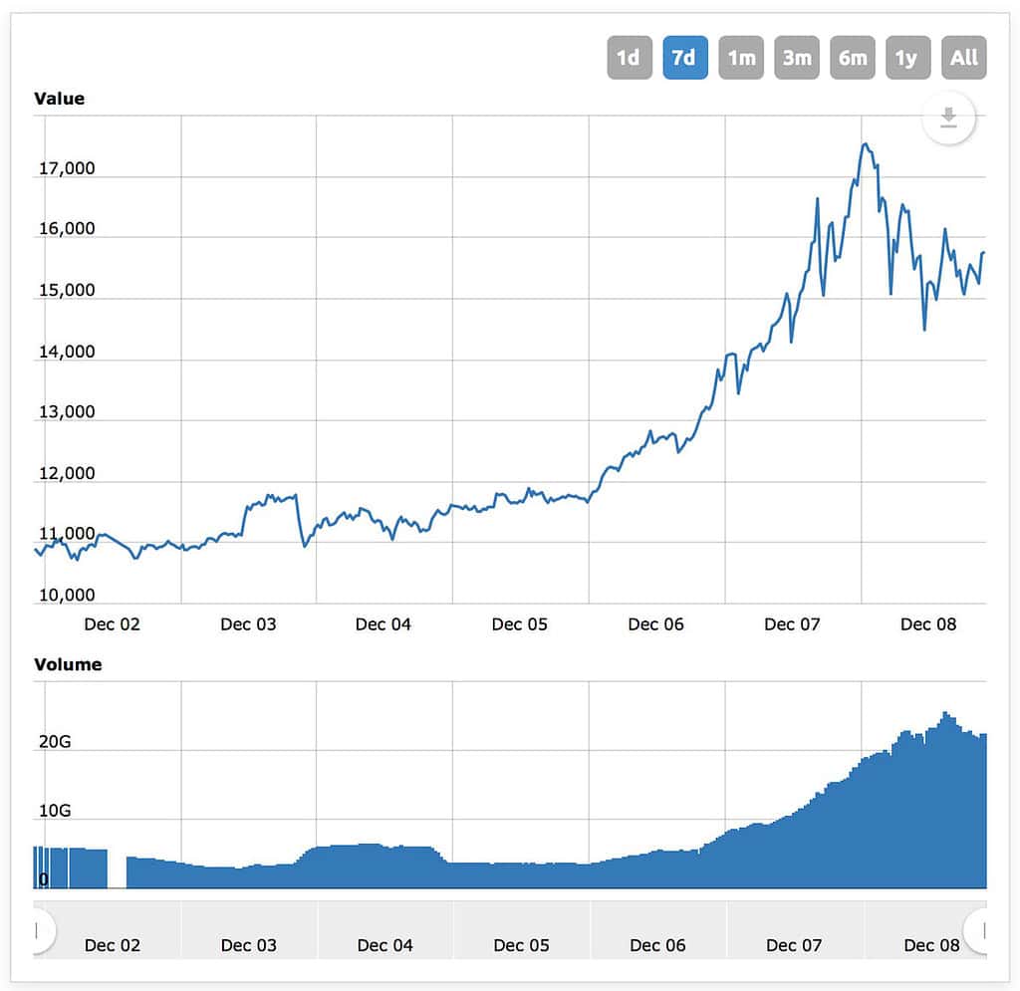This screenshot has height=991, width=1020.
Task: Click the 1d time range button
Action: [628, 58]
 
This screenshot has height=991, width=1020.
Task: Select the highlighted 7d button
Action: [684, 58]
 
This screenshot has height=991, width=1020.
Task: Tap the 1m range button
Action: [741, 58]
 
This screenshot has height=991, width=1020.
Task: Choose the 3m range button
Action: [797, 58]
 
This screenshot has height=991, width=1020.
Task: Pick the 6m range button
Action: [853, 58]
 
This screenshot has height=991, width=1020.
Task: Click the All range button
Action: [963, 58]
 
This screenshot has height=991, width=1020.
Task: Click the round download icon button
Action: [948, 119]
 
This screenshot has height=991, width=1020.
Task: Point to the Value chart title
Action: [60, 99]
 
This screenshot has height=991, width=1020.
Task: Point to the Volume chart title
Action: [68, 664]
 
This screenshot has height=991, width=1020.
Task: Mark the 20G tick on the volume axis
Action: [55, 743]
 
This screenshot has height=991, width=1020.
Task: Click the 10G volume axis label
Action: [55, 811]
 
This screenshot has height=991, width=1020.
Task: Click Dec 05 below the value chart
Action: [520, 624]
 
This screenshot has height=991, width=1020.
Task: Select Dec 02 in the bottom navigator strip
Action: [113, 945]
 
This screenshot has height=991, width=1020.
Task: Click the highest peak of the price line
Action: [865, 145]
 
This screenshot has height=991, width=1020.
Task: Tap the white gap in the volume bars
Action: [117, 868]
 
